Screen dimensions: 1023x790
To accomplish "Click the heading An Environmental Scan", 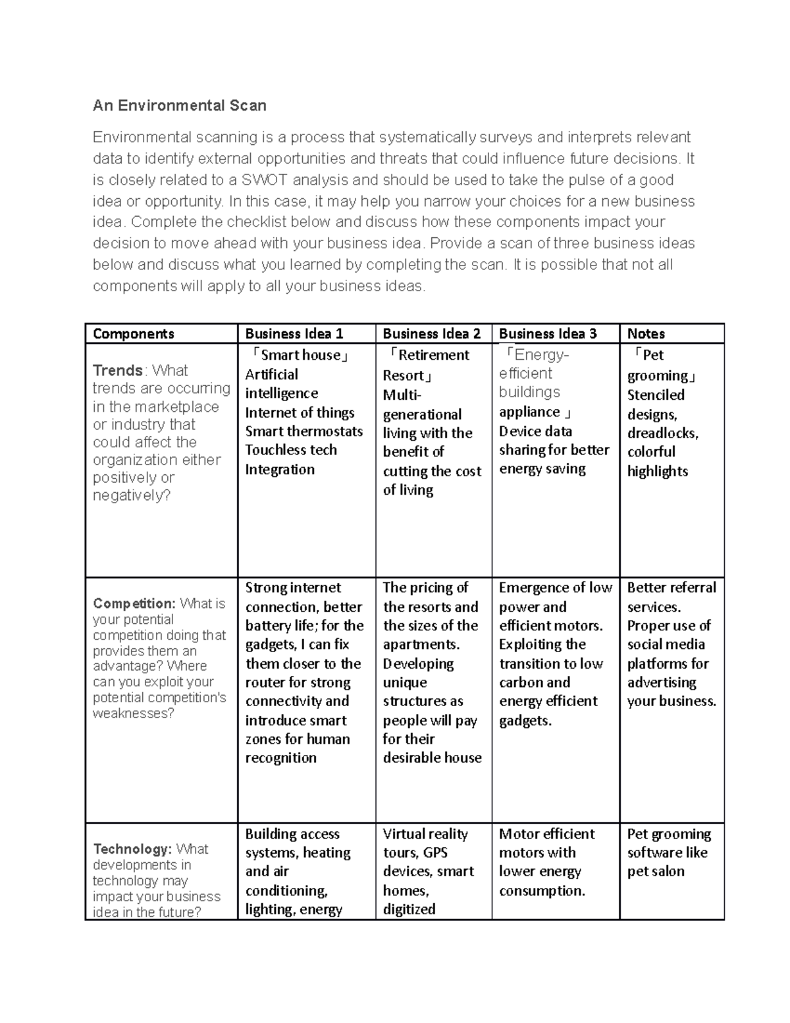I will coord(179,105).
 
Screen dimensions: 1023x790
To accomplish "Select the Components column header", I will coord(134,333).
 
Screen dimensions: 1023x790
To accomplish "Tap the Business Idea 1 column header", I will coord(294,333).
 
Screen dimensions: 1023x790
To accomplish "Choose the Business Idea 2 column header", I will coord(432,333).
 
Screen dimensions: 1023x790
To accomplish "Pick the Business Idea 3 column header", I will coord(548,333).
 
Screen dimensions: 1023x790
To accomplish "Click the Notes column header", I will coord(646,333).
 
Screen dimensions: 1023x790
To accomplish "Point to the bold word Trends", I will coord(118,370).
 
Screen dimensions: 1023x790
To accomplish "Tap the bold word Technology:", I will coord(132,849).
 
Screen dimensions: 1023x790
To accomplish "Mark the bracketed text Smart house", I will coord(300,355).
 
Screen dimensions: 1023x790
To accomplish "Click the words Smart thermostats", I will coord(303,431).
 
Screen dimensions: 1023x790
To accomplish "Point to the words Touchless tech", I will coord(291,450).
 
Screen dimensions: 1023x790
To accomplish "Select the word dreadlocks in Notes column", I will coord(662,433).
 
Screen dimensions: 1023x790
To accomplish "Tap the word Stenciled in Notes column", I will coord(656,395).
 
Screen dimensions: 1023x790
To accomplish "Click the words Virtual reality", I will coord(425,834).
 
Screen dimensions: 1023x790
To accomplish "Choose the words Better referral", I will coord(671,588).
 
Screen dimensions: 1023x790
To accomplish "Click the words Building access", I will coord(292,834).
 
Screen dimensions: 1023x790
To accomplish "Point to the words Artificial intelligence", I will coord(282,384).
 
